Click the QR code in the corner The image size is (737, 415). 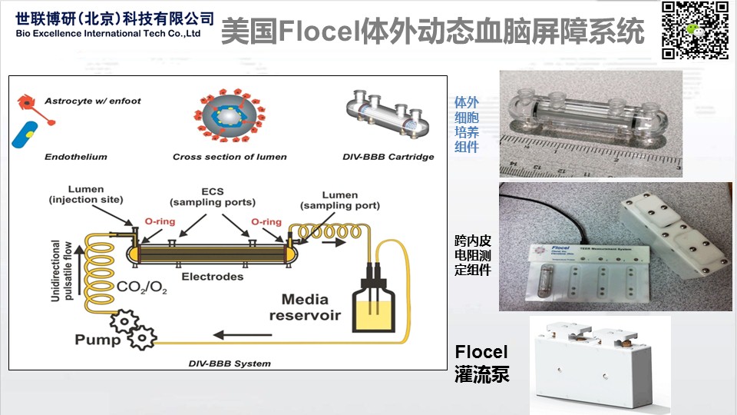click(x=695, y=31)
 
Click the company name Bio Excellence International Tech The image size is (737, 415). click(x=107, y=34)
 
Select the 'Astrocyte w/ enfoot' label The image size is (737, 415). click(x=93, y=101)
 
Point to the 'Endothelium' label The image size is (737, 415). click(x=75, y=157)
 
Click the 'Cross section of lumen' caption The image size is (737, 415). click(x=230, y=157)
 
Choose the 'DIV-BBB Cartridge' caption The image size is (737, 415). click(x=388, y=157)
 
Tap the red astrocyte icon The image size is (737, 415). click(x=29, y=104)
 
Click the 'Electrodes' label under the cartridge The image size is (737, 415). click(x=213, y=277)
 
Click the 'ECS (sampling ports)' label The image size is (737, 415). click(x=213, y=198)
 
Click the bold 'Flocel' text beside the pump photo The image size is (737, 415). click(x=481, y=353)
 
